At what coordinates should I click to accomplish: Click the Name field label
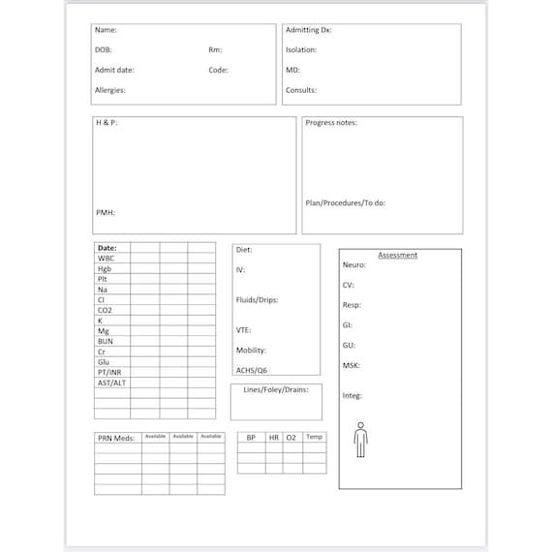coord(106,30)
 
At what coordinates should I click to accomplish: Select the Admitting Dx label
coord(308,30)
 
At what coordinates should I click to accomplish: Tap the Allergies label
coord(109,90)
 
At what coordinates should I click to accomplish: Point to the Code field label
coord(218,70)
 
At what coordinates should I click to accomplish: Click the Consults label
coord(301,90)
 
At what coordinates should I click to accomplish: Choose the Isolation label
coord(301,49)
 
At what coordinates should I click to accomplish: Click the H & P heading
coord(106,123)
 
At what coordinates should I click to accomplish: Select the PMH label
coord(106,212)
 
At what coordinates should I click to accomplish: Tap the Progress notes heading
coord(331,123)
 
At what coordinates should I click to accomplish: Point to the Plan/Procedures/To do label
coord(346,203)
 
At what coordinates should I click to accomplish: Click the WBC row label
coord(107,259)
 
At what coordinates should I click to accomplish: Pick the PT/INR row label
coord(109,372)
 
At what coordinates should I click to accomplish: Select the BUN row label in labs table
coord(106,341)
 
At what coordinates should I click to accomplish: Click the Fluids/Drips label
coord(257,300)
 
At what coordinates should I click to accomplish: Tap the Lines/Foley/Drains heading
coord(275,389)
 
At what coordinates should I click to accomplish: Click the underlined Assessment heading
coord(398,255)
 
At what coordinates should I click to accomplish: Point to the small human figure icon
coord(360,440)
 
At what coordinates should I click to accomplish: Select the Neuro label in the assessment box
coord(353,264)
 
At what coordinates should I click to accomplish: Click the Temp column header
coord(314,437)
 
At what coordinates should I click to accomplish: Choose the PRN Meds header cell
coord(116,438)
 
